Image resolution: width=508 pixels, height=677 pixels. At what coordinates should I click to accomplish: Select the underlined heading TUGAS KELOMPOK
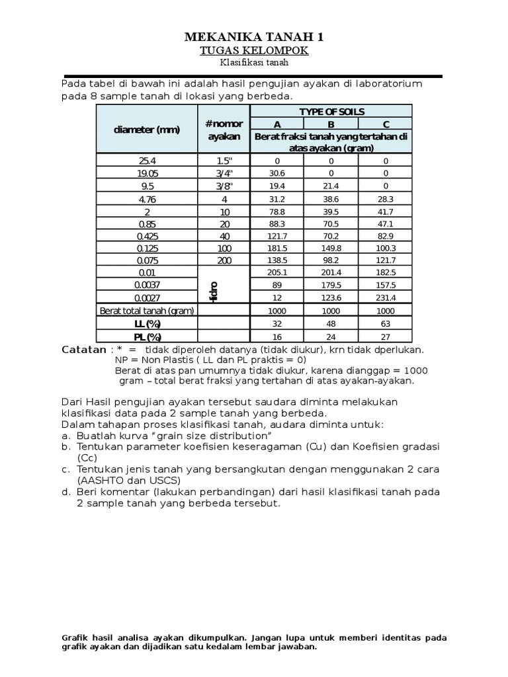coord(254,50)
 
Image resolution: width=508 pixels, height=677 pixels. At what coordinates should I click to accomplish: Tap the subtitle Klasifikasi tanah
coord(254,63)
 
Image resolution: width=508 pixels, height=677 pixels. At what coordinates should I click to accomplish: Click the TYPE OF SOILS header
coord(331,112)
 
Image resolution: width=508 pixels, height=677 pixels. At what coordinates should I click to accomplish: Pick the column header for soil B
coord(331,124)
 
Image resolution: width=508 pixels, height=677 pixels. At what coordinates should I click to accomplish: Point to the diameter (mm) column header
coord(147,130)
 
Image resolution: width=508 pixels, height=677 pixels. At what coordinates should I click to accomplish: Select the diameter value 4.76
coord(147,198)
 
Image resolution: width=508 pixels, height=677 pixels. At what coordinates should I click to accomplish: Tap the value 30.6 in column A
coord(277,173)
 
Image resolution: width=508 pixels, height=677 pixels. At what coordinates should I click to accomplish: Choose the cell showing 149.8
coord(331,249)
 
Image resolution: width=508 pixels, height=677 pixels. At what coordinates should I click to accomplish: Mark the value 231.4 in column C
coord(386,298)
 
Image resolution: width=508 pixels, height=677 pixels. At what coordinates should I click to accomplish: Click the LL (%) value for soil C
coord(386,323)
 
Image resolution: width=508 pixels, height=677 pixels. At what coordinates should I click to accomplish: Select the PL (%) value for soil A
coord(277,336)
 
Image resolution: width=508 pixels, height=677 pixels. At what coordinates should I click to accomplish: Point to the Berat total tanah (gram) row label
coord(146,311)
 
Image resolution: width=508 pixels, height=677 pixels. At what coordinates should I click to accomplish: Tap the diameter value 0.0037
coord(147,286)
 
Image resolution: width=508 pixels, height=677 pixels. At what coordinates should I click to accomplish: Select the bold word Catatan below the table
coord(83,349)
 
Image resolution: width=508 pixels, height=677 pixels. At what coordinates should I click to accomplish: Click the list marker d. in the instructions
coord(65,492)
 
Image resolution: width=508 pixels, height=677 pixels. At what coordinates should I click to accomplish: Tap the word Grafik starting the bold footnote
coord(75,637)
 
